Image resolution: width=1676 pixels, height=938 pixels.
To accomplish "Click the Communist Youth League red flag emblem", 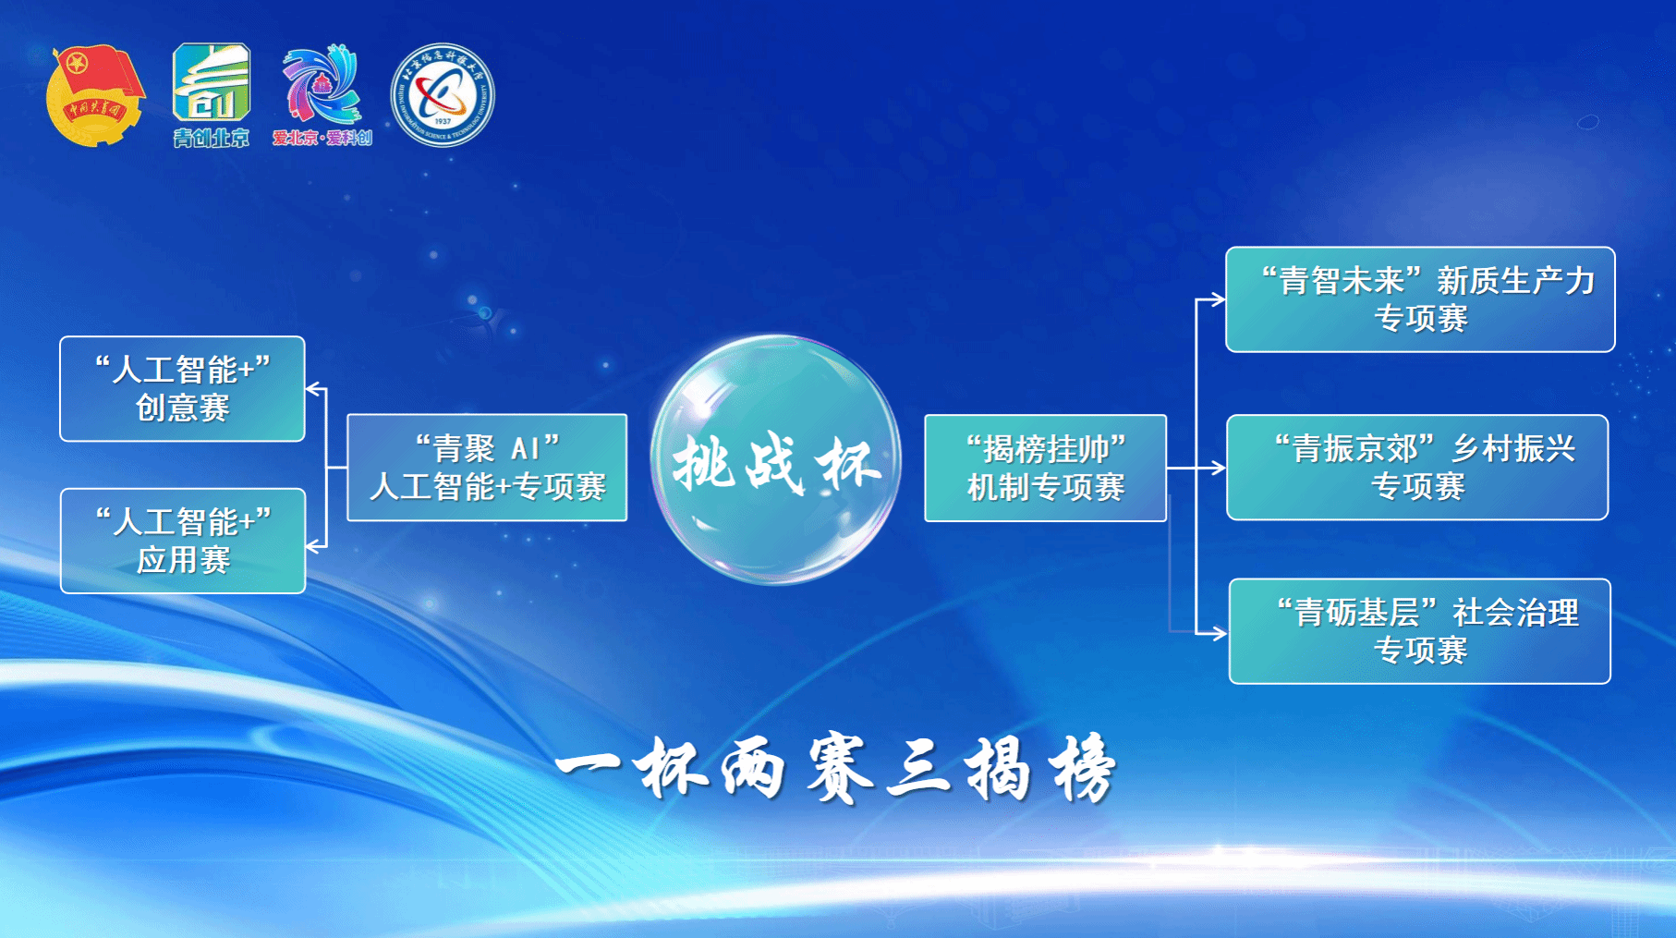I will pyautogui.click(x=95, y=95).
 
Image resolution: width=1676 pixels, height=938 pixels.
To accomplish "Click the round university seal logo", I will pyautogui.click(x=443, y=95).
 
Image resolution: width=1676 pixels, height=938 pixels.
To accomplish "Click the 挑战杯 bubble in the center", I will pyautogui.click(x=776, y=460).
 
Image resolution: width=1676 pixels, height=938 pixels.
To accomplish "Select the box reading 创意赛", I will pyautogui.click(x=182, y=389).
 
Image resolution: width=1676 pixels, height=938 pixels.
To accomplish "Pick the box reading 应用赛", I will pyautogui.click(x=182, y=541).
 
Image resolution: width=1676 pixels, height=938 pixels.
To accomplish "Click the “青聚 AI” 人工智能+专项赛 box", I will pyautogui.click(x=487, y=468).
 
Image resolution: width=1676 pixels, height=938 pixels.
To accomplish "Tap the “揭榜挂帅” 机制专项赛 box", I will pyautogui.click(x=1045, y=469).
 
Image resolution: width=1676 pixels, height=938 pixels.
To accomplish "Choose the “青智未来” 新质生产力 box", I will pyautogui.click(x=1419, y=299).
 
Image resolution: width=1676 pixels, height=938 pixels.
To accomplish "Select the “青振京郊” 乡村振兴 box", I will pyautogui.click(x=1416, y=468).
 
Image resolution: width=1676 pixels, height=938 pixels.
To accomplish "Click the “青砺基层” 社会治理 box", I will pyautogui.click(x=1419, y=631).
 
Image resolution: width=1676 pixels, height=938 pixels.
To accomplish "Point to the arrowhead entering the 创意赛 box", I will pyautogui.click(x=313, y=389).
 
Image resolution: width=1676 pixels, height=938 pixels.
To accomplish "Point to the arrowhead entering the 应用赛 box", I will pyautogui.click(x=313, y=546).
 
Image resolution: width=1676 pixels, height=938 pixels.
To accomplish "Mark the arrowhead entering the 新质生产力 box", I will pyautogui.click(x=1218, y=299).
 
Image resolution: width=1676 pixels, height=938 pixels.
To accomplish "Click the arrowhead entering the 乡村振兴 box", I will pyautogui.click(x=1219, y=469).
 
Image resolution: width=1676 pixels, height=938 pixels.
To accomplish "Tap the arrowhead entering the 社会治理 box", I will pyautogui.click(x=1220, y=633).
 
